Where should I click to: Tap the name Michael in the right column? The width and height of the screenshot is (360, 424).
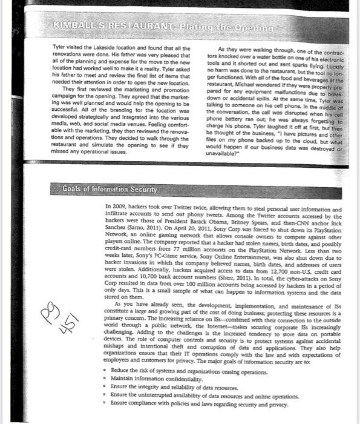pyautogui.click(x=240, y=86)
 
